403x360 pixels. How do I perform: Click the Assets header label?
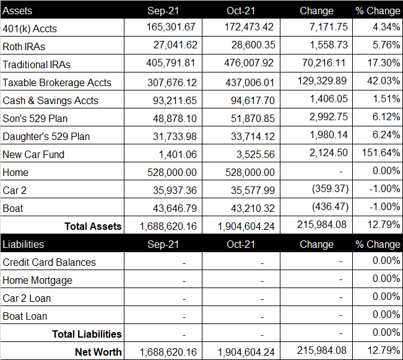(17, 11)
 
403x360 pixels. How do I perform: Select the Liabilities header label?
(23, 244)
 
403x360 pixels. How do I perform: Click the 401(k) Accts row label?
(30, 29)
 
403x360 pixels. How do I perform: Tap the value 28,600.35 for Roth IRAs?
(253, 45)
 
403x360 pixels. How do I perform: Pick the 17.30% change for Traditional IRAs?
(383, 63)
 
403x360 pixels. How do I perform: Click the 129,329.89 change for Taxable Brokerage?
(322, 81)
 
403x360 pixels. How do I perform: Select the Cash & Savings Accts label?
(50, 100)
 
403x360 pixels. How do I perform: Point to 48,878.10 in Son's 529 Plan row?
(175, 118)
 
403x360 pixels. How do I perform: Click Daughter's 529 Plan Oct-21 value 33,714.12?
(253, 136)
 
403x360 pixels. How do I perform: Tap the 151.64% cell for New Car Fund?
(381, 153)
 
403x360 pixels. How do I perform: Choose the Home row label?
(15, 172)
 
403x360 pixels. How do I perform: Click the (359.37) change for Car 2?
(331, 188)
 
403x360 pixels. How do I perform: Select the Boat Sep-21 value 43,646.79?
(175, 208)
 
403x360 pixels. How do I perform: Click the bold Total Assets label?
(93, 226)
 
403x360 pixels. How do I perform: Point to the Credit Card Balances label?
(49, 262)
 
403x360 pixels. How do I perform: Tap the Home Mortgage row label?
(37, 281)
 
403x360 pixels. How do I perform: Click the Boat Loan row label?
(25, 316)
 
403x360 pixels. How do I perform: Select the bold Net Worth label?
(98, 352)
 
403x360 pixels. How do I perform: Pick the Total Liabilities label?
(87, 334)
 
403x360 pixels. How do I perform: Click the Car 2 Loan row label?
(27, 298)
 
